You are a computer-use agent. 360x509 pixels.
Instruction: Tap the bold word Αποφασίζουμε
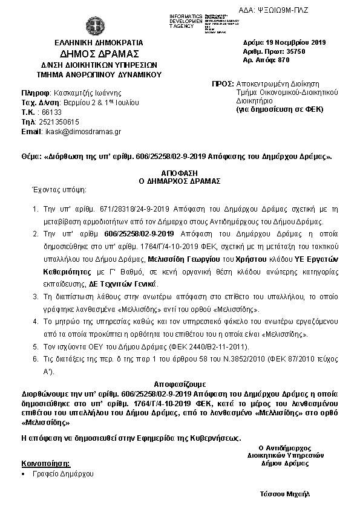[x=180, y=383]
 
